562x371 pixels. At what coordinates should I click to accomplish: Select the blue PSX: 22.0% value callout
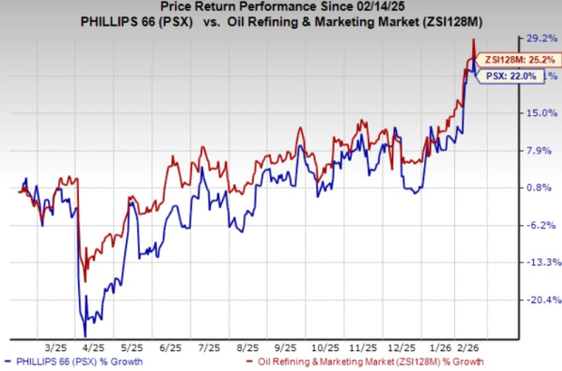click(508, 77)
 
